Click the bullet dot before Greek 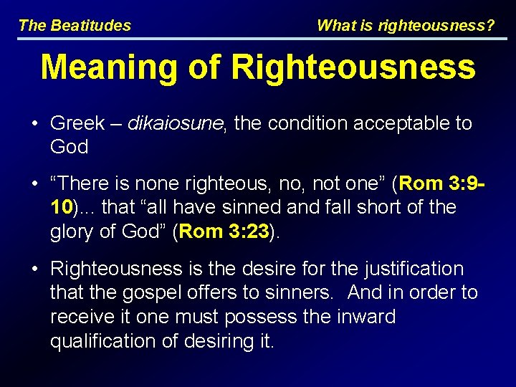[x=34, y=123]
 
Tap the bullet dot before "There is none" [x=34, y=184]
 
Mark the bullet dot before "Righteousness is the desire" [x=34, y=269]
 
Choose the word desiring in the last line [x=216, y=340]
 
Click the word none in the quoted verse [x=147, y=184]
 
